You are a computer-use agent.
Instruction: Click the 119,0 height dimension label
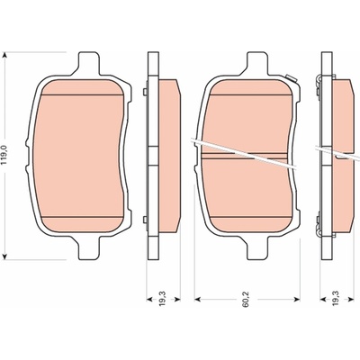(4, 155)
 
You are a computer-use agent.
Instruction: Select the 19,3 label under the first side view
(163, 301)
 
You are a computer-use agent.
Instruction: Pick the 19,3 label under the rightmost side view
(337, 301)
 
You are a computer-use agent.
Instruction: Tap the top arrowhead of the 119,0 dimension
(4, 55)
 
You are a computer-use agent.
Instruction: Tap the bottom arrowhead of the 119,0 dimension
(4, 256)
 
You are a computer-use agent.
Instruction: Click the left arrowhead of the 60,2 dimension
(197, 299)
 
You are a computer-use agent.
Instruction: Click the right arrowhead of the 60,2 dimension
(297, 299)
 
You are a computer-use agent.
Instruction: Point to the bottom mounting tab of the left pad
(88, 248)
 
